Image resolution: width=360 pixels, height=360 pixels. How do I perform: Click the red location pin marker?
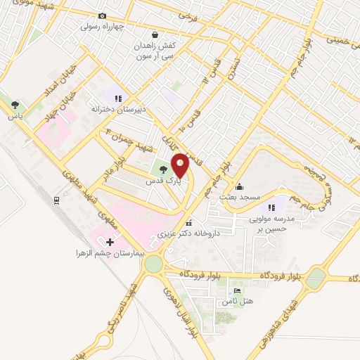point(181,166)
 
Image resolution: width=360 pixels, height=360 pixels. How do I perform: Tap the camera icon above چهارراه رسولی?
point(103,16)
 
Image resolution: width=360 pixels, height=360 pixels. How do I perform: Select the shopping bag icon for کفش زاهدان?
point(155,34)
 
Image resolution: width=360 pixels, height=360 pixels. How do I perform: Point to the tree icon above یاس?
point(14,105)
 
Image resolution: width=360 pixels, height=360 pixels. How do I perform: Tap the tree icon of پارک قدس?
point(162,169)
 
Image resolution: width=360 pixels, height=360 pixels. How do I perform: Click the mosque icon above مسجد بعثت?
point(240,186)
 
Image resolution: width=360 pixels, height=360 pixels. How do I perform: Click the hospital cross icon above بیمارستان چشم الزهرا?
point(110,241)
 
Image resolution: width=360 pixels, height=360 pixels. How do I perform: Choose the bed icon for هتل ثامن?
point(237,290)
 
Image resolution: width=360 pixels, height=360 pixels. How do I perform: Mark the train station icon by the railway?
point(56,200)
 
